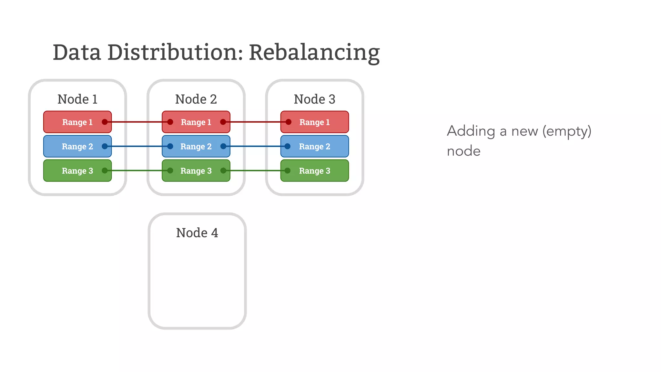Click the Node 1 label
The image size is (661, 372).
point(77,99)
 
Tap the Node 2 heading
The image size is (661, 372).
point(196,99)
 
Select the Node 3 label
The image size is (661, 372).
point(314,99)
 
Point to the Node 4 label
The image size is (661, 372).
point(197,233)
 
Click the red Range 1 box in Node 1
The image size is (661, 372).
point(77,122)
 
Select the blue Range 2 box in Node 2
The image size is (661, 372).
point(196,147)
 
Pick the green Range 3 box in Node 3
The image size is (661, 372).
point(314,171)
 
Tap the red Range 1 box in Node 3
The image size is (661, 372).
point(314,122)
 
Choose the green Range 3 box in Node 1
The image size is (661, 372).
point(77,171)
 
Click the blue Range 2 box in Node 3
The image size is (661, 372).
point(314,147)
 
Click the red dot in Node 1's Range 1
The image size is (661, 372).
point(105,122)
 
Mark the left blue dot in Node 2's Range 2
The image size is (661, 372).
point(170,146)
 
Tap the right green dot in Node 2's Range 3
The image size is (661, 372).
point(223,170)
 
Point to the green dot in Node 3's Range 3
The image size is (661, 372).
point(288,170)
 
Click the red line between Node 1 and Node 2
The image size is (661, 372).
point(137,122)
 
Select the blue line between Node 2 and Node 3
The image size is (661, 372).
point(255,146)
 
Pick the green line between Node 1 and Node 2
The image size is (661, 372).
point(137,170)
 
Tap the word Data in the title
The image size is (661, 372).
point(77,53)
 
